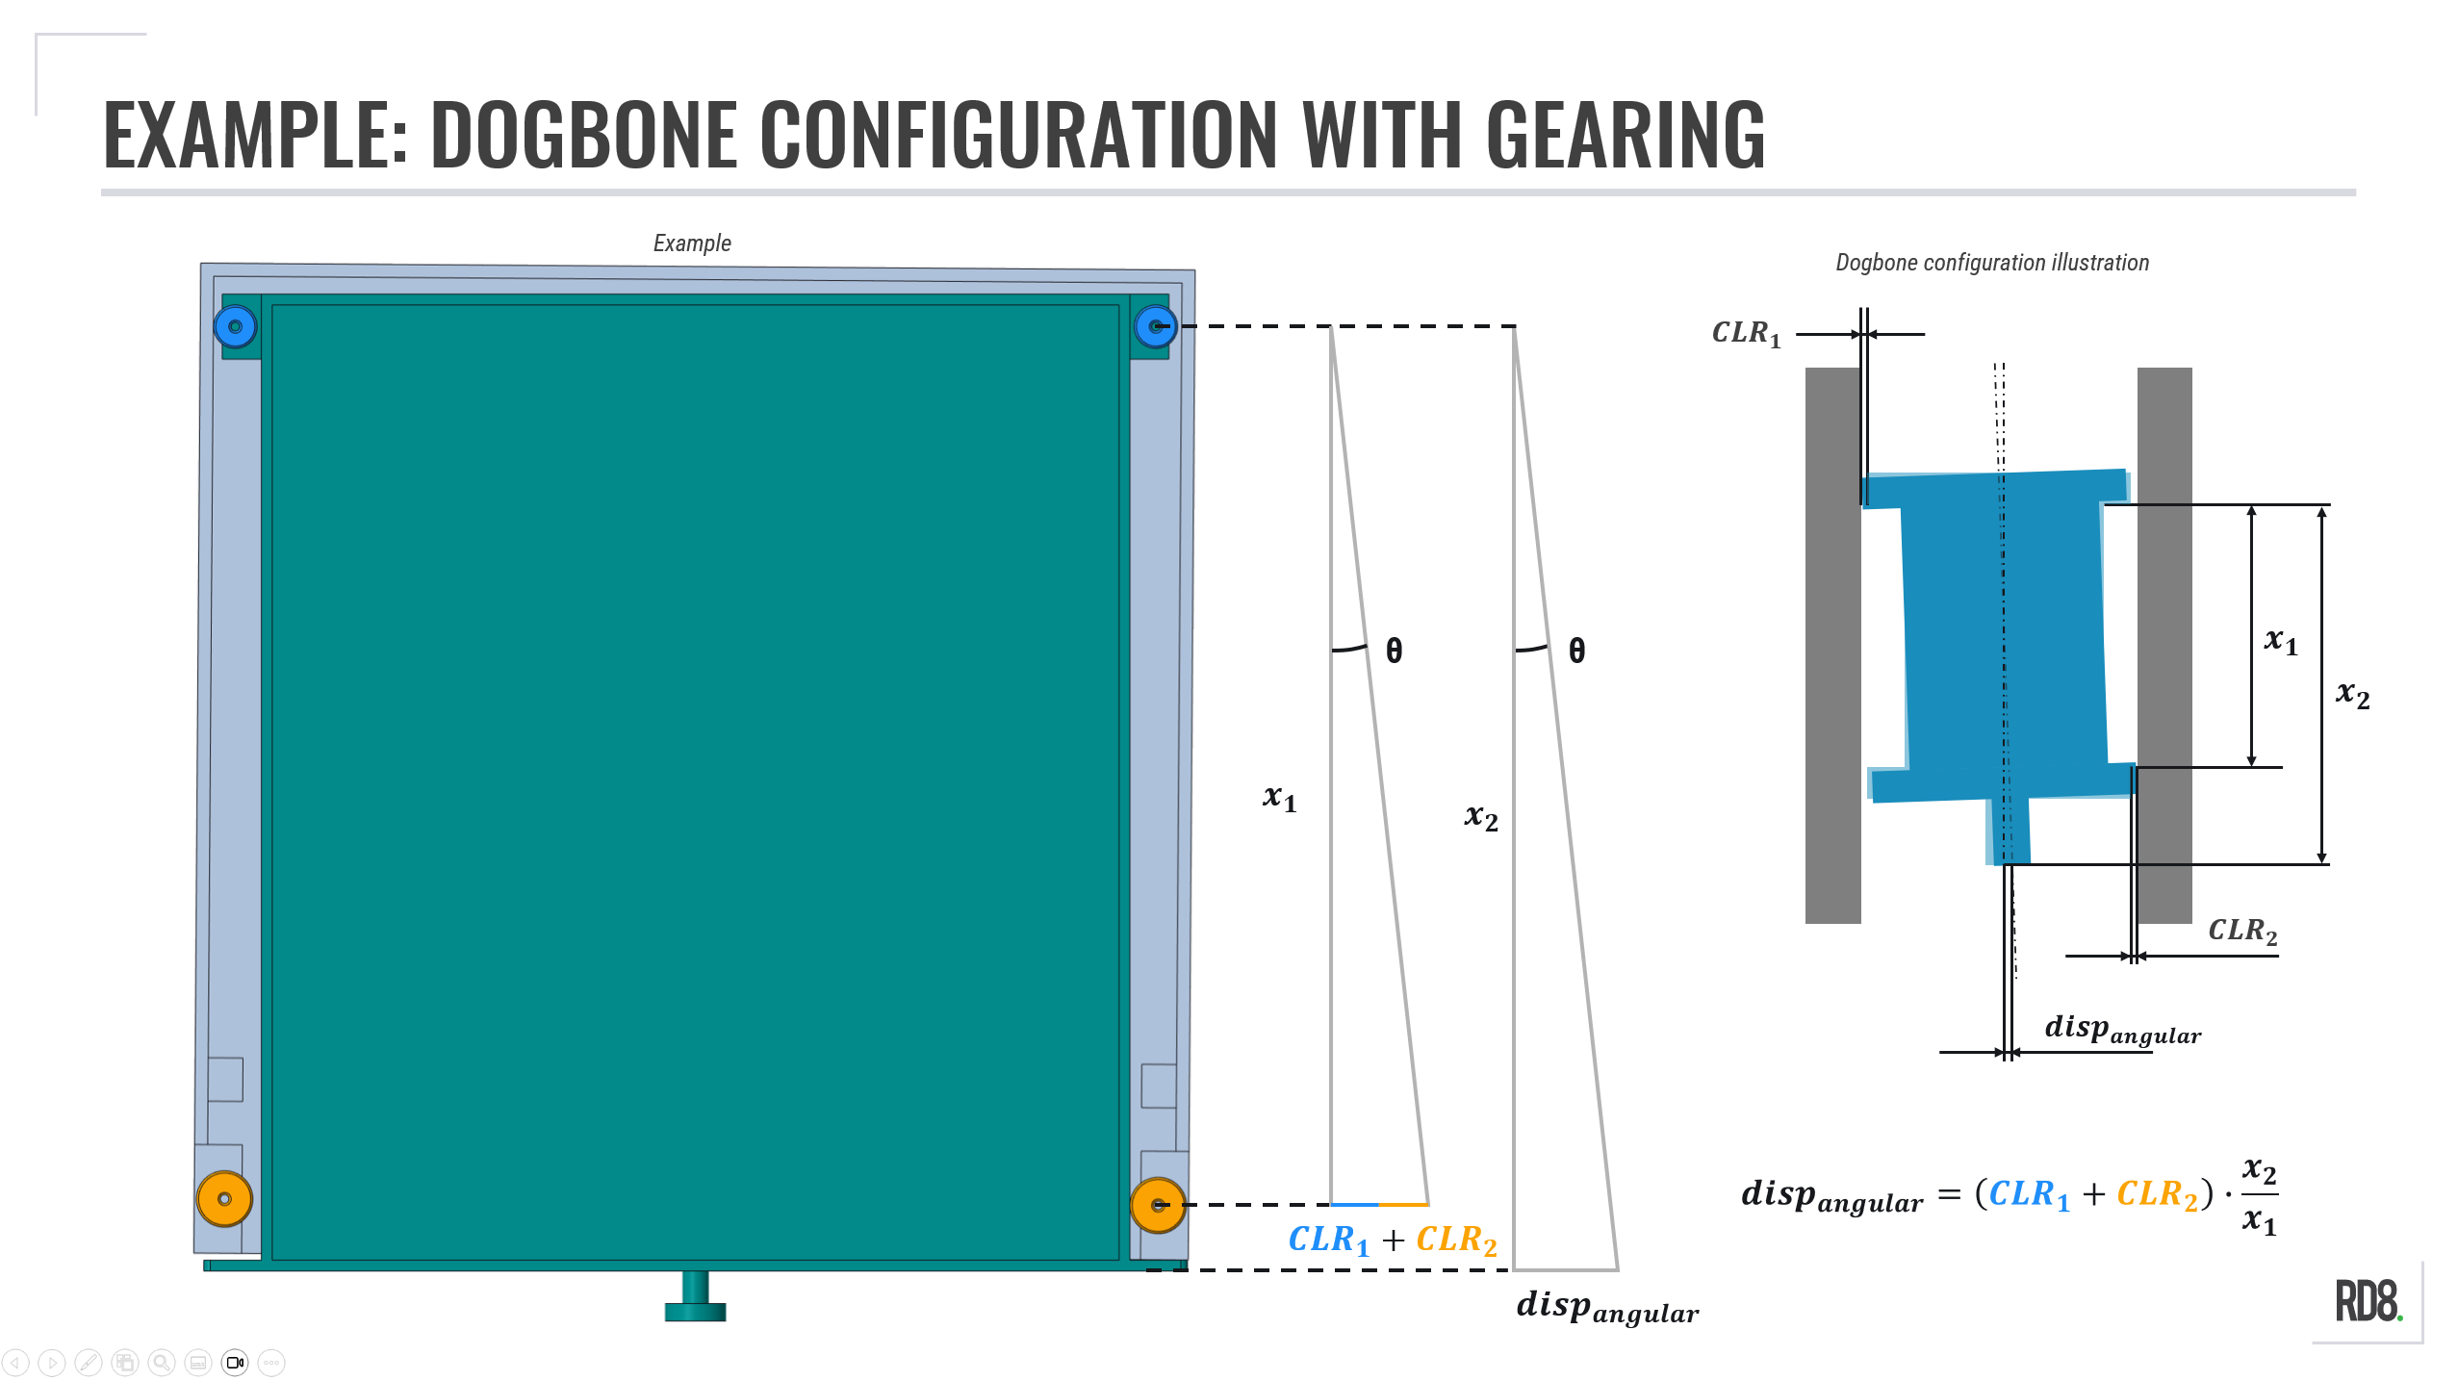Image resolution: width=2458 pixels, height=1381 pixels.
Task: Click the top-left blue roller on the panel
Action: pos(235,326)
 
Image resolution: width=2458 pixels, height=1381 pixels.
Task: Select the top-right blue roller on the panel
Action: pos(1155,326)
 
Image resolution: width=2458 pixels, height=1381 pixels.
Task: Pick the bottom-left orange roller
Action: pos(224,1199)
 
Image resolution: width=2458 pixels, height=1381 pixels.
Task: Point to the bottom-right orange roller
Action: pos(1157,1204)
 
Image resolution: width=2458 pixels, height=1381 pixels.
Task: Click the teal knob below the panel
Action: pos(695,1299)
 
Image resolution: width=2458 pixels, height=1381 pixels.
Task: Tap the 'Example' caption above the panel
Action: pos(692,243)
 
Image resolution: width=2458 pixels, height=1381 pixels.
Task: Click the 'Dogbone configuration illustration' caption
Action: pos(1991,263)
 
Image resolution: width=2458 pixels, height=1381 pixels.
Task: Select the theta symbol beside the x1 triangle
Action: pos(1394,652)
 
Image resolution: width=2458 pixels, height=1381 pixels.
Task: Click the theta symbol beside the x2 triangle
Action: pos(1576,652)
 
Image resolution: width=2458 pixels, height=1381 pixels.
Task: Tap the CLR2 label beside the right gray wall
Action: pos(2241,931)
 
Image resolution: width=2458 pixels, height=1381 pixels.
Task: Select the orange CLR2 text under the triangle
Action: pos(1456,1240)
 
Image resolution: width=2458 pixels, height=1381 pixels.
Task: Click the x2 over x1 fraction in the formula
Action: pos(2259,1196)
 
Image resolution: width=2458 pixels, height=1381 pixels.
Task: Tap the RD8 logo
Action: pos(2368,1302)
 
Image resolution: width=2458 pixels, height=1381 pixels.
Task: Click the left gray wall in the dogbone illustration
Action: pos(1831,645)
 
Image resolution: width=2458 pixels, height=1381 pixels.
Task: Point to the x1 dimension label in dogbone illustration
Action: pos(2280,641)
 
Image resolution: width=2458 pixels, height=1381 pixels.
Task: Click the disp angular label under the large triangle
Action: pos(1606,1307)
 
